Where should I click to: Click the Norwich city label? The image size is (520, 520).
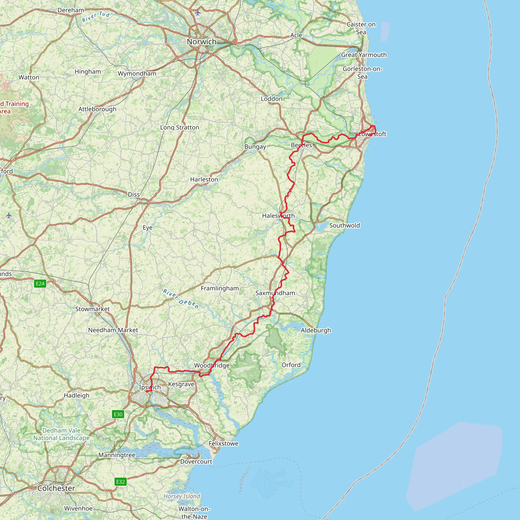coord(202,42)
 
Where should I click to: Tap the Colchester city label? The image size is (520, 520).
coord(56,488)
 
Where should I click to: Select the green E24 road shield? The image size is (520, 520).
coord(40,283)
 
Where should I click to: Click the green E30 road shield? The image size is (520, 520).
coord(118,414)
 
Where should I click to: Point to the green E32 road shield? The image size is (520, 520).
coord(120,481)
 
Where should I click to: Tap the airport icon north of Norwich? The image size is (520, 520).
coord(198,12)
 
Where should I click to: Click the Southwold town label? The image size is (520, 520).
coord(345,225)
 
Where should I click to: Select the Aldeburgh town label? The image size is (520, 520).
coord(316,330)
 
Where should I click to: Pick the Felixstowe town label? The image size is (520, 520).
coord(223,443)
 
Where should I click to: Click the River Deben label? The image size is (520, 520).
coord(181,299)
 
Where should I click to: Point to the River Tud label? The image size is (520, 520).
coord(96,17)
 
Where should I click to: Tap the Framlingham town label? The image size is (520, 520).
coord(220,288)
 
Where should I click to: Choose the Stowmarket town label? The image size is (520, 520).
coord(92,309)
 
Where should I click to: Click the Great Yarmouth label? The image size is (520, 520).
coord(364,55)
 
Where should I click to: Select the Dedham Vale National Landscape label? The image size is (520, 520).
coord(61,434)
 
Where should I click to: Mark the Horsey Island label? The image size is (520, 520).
coord(182,496)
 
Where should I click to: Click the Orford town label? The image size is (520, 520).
coord(291,365)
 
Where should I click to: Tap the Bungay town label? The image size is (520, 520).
coord(255,147)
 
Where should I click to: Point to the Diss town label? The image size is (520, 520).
coord(134,194)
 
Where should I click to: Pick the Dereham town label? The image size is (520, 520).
coord(71,10)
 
